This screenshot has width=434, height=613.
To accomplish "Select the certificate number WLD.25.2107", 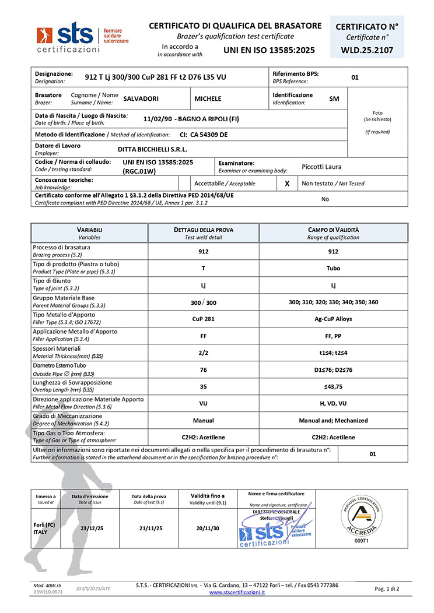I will click(x=367, y=51).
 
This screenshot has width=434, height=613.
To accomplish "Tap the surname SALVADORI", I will click(x=141, y=99).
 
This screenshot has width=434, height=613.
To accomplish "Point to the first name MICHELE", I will click(x=208, y=99).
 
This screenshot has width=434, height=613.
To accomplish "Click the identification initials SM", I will click(x=334, y=99).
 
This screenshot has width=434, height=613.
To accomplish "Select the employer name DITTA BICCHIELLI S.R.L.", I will click(x=152, y=149).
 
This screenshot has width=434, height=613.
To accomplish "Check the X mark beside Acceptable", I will click(x=287, y=184).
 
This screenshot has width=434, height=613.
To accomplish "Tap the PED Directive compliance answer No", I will click(x=325, y=199).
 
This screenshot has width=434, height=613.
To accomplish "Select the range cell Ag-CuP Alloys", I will click(x=333, y=319).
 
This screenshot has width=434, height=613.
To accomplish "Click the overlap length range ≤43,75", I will click(x=333, y=386).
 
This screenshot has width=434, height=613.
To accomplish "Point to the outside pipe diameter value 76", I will click(x=203, y=369).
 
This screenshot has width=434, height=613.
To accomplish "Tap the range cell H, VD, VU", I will click(x=333, y=403).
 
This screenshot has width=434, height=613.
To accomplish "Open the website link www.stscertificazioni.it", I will click(x=237, y=592).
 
